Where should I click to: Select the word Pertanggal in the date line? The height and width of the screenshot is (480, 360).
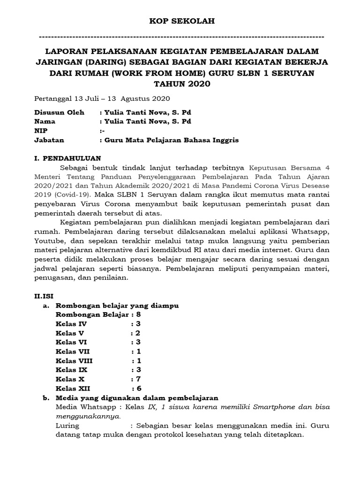53,99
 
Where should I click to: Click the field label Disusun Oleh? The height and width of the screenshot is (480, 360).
60,112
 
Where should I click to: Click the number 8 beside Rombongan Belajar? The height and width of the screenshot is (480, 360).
139,315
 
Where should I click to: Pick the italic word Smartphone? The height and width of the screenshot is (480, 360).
272,407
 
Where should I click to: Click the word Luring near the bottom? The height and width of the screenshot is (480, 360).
67,426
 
